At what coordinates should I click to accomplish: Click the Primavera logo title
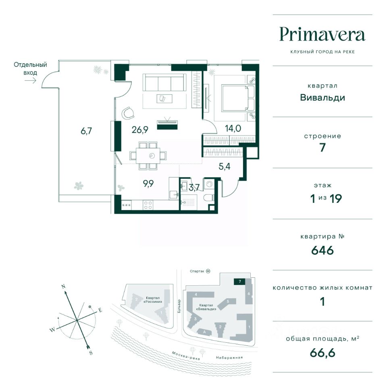click(322, 34)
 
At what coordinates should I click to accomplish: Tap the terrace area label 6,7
click(86, 131)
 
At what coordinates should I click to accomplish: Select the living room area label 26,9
click(140, 129)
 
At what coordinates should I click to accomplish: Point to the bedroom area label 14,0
click(233, 128)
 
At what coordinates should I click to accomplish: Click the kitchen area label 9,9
click(148, 183)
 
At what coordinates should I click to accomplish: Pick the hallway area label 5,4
click(225, 166)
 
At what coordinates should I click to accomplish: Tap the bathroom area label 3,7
click(194, 187)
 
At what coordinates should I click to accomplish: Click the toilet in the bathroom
click(209, 198)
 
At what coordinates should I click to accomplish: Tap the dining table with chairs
click(148, 156)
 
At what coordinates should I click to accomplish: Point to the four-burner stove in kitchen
click(148, 205)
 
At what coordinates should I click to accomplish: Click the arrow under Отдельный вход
click(30, 80)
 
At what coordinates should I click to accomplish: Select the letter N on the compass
click(63, 287)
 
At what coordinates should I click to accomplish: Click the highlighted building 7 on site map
click(239, 281)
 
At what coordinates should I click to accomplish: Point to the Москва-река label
click(186, 356)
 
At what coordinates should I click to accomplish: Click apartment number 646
click(322, 250)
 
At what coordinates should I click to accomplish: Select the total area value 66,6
click(322, 353)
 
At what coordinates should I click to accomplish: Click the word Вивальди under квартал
click(322, 98)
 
